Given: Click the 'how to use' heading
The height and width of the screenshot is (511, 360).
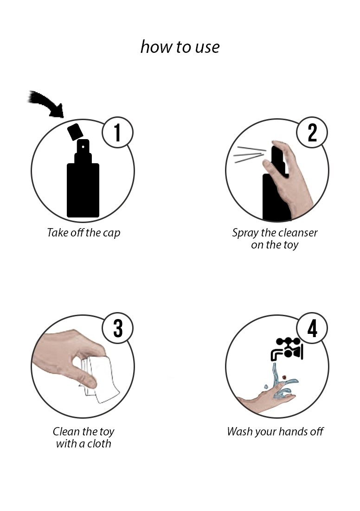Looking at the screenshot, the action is coord(180,47).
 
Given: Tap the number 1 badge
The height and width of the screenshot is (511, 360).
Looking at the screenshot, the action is coord(117,132).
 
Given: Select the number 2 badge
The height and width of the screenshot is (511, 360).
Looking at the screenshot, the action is coord(312,132).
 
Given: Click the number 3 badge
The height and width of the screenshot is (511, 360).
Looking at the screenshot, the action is coord(117,328).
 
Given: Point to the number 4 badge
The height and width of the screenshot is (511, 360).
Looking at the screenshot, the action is coord(312,328).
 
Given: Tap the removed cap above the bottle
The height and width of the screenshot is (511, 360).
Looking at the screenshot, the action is coord(75,132).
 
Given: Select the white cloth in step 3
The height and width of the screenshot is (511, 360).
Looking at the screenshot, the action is coord(101,380).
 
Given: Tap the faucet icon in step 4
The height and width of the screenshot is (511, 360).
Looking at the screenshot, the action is coord(287,349).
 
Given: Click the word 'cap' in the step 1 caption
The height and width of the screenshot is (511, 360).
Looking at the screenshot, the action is coord(111,233).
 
